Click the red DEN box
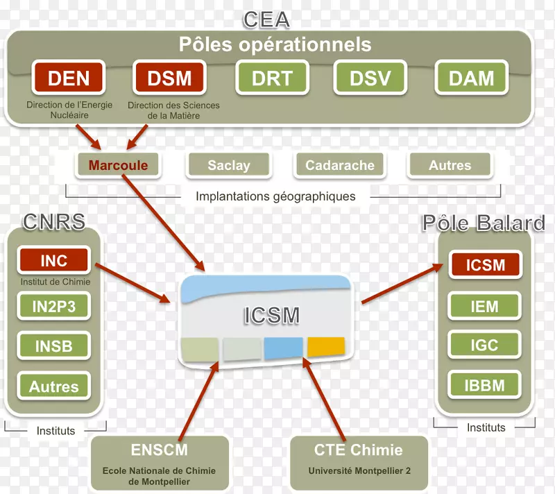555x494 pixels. [68, 78]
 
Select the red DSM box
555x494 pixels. [169, 78]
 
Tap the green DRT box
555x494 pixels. [272, 78]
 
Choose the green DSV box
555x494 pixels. [370, 78]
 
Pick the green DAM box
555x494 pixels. [471, 78]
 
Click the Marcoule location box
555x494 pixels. [117, 165]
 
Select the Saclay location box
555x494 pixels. [228, 165]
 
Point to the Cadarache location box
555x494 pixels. [340, 165]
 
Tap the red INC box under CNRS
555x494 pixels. [54, 261]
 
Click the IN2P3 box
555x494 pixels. [54, 305]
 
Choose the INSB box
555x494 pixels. [54, 345]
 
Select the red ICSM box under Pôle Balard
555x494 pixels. [485, 264]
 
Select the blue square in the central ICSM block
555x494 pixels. [283, 348]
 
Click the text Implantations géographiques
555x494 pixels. [275, 196]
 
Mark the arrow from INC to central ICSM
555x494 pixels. [133, 282]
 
